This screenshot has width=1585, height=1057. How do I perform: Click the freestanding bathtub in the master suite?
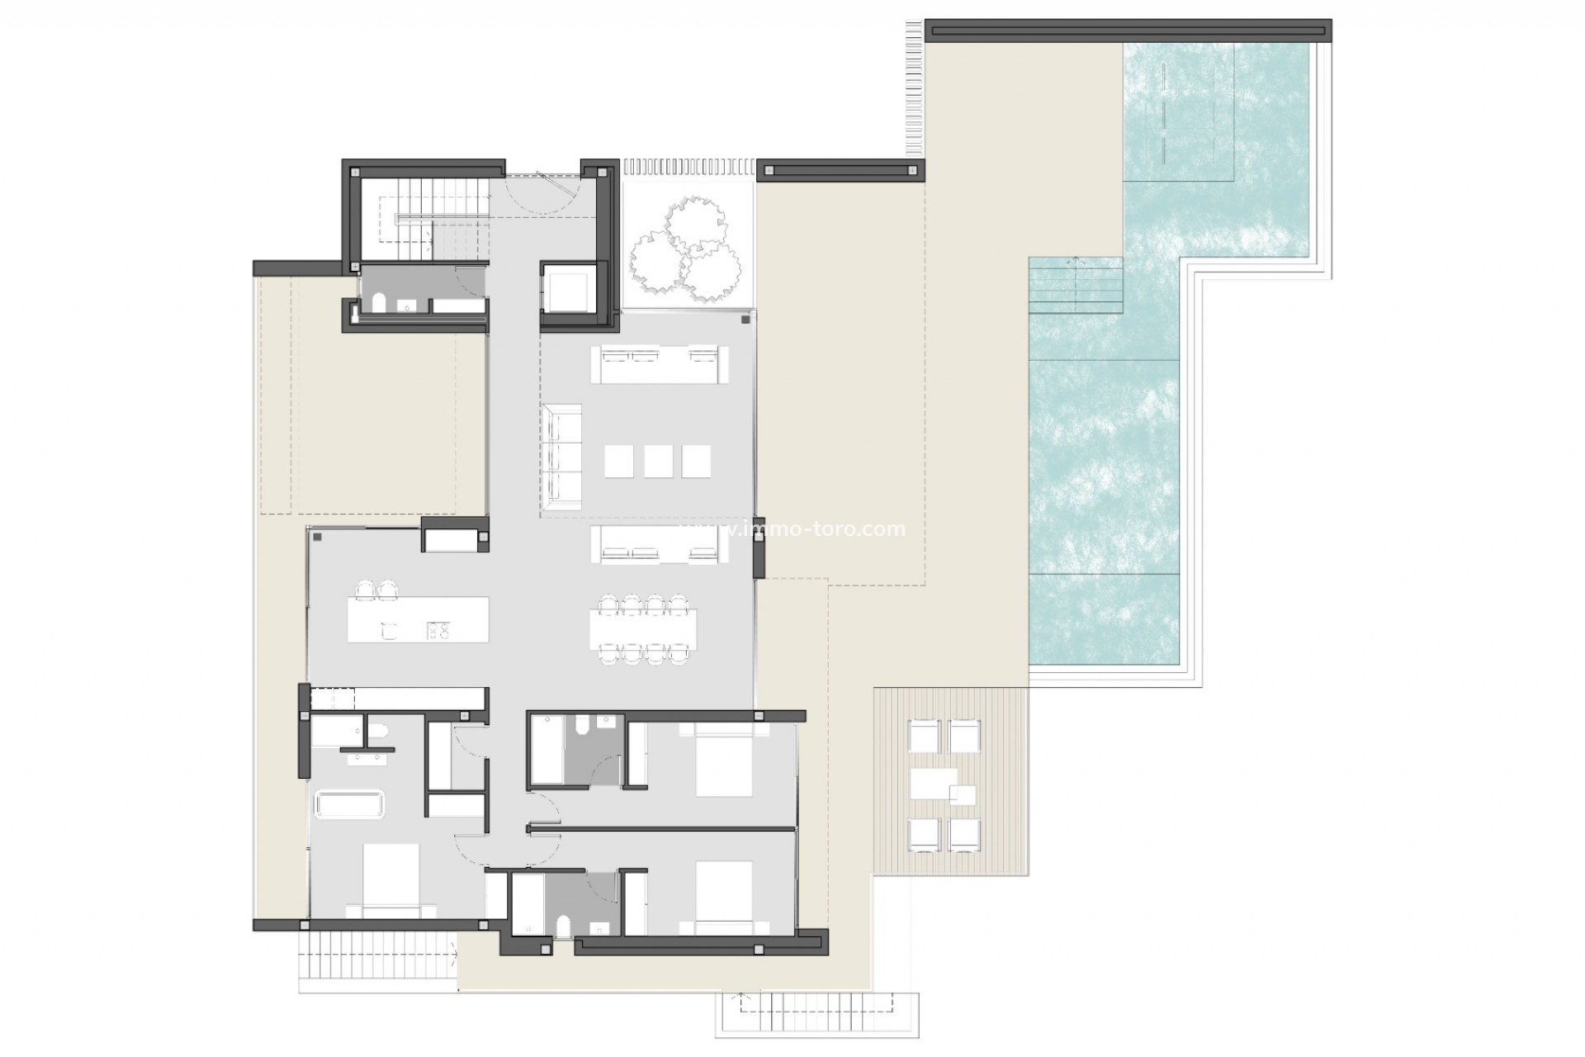[348, 805]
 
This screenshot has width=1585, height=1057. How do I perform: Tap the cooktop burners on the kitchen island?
[438, 630]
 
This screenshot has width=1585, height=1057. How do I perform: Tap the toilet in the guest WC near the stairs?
[379, 304]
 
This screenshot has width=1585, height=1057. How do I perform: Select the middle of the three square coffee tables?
[658, 461]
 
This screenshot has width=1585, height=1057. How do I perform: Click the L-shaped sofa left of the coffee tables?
[562, 452]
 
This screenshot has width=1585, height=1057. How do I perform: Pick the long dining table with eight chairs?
[643, 629]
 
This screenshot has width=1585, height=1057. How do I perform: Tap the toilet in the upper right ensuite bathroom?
[581, 725]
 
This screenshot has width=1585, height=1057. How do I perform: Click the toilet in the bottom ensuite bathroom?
[564, 926]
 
